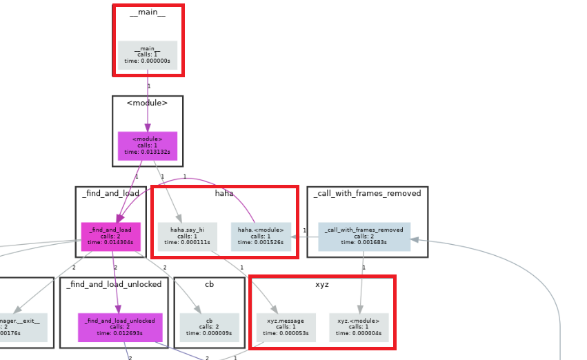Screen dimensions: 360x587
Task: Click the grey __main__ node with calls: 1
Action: pos(148,55)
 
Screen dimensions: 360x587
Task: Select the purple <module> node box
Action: pos(148,146)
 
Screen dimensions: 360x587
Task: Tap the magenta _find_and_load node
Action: pos(110,236)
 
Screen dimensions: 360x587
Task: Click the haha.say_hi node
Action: pos(187,236)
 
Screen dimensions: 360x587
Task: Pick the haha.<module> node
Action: pos(260,236)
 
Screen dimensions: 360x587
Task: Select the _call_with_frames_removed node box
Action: pos(364,236)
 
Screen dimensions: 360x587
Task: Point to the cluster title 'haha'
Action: pos(224,194)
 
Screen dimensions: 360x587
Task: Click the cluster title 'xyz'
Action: pos(321,284)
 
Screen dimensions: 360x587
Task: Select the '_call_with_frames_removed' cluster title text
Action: pos(367,194)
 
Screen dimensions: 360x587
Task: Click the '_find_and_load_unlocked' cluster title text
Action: pos(115,284)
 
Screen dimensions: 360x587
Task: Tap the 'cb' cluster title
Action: pos(209,284)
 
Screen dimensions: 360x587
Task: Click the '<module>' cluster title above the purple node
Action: pos(148,103)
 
